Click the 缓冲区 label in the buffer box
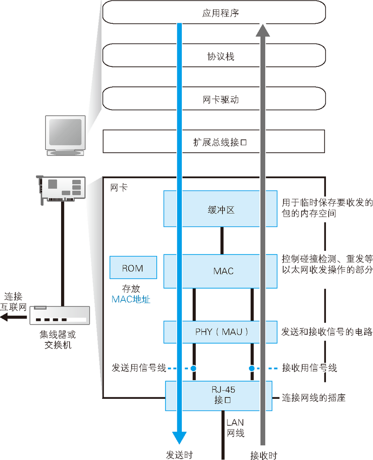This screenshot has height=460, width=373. click(x=221, y=210)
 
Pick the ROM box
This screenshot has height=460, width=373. click(x=133, y=268)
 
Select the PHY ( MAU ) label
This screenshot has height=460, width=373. click(x=221, y=332)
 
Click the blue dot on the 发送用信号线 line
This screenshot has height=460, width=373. click(x=193, y=368)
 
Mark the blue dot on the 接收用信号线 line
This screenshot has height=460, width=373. click(x=252, y=368)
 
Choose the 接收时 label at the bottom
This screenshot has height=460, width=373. click(x=264, y=454)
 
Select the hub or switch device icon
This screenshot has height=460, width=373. click(x=59, y=315)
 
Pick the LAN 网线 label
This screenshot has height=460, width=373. click(x=235, y=428)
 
